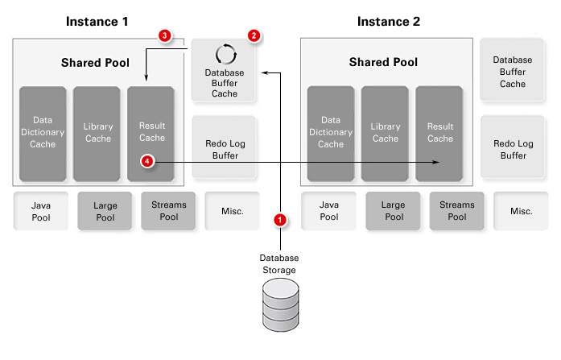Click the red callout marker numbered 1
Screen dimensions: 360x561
tap(280, 218)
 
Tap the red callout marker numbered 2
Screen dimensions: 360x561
tap(254, 36)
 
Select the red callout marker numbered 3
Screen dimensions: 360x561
tap(164, 36)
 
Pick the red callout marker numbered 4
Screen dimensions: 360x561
tap(147, 162)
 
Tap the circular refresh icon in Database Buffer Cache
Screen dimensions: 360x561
tap(225, 55)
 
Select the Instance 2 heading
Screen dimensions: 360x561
tap(388, 20)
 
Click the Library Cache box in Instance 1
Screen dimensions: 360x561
tap(97, 133)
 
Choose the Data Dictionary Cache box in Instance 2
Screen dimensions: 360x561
tap(330, 133)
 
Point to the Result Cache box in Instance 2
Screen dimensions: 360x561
tap(439, 133)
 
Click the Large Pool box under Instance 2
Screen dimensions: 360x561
tap(394, 211)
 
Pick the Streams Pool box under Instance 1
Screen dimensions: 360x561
tap(169, 211)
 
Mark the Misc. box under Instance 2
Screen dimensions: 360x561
tap(521, 211)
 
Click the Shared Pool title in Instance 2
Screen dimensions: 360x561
tap(383, 62)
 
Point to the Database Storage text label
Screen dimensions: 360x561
tap(279, 263)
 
